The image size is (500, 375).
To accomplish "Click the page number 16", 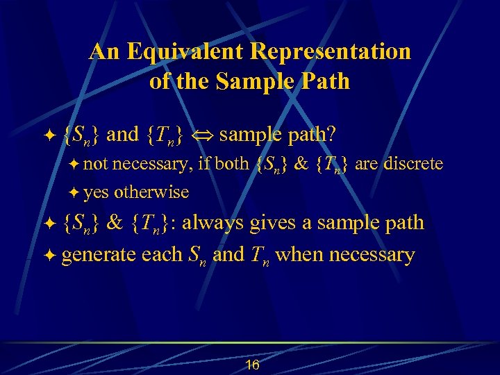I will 252,365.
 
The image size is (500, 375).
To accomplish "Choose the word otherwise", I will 151,192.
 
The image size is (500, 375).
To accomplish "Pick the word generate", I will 99,256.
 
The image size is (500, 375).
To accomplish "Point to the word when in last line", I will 299,255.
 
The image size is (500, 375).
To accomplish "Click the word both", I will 233,164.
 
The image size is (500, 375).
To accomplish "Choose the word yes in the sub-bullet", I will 97,192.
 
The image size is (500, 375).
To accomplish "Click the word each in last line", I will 162,255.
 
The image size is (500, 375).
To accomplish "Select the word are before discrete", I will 367,164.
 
